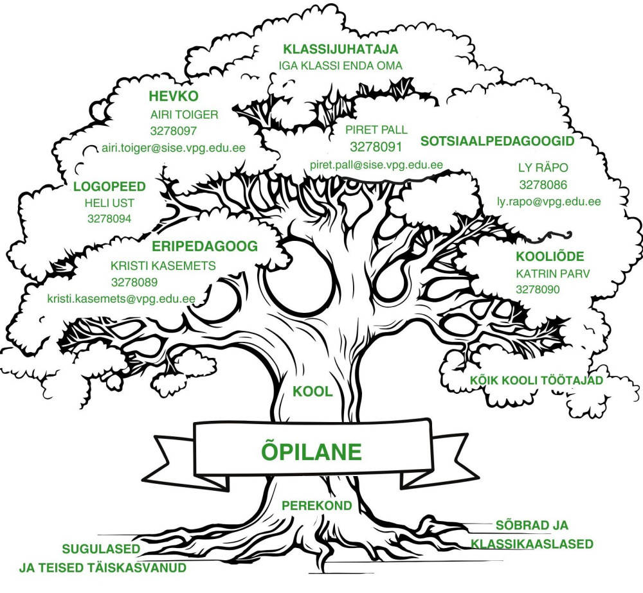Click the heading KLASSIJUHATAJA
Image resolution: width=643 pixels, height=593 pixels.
[x=341, y=49]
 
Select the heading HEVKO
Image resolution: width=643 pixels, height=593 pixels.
[x=174, y=97]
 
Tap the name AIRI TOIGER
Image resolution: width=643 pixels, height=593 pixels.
[x=185, y=116]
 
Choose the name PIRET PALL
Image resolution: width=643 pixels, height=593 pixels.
[x=376, y=129]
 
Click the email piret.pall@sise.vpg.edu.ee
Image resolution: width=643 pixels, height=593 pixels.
[x=376, y=164]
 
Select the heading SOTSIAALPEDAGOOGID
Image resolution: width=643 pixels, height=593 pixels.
[x=496, y=139]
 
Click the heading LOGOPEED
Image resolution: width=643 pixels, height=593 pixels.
[x=110, y=187]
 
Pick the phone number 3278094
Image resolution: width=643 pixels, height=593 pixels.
[x=109, y=218]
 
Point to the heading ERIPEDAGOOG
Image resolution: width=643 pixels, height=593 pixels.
[x=204, y=246]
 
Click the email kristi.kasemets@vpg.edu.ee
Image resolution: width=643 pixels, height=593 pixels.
[x=121, y=299]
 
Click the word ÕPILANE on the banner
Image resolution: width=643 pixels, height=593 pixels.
[x=312, y=450]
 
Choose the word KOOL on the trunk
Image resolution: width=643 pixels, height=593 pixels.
[x=312, y=391]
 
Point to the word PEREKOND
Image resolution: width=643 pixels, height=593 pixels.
[x=317, y=506]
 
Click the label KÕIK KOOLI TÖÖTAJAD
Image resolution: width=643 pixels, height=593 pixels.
[x=536, y=380]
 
